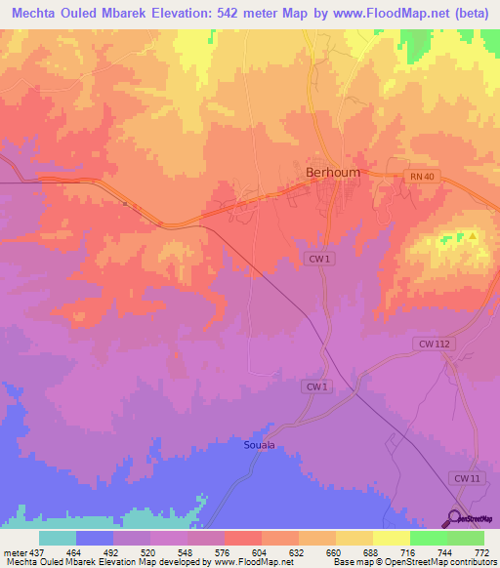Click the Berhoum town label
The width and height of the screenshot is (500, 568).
333,172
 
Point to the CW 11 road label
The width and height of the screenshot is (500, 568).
467,477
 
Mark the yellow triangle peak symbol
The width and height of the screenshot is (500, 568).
473,235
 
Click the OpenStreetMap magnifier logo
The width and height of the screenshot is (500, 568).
456,518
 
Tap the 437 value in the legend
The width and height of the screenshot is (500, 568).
38,551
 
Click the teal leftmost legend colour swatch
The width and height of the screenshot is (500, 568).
58,538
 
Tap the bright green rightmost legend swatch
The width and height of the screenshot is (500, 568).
465,538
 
